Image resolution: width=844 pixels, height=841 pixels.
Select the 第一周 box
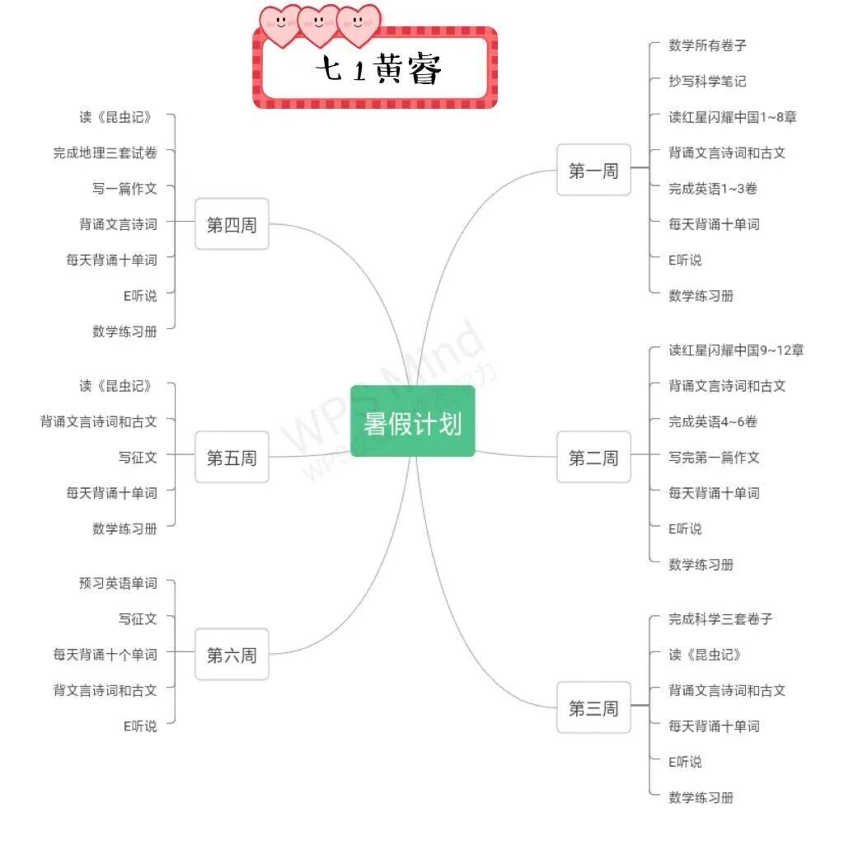pyautogui.click(x=593, y=170)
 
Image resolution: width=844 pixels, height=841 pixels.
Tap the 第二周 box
pyautogui.click(x=593, y=457)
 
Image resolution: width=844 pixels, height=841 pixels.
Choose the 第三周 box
pyautogui.click(x=593, y=707)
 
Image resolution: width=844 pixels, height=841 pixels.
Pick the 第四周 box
pyautogui.click(x=232, y=224)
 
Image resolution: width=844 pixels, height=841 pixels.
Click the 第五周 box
pyautogui.click(x=232, y=457)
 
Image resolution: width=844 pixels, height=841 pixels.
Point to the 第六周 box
pyautogui.click(x=232, y=655)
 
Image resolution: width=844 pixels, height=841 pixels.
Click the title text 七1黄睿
pyautogui.click(x=378, y=70)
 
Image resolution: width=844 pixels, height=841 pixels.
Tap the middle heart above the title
pyautogui.click(x=320, y=25)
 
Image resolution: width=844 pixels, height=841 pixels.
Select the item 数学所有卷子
pyautogui.click(x=707, y=45)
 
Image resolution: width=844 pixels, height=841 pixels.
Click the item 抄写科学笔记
pyautogui.click(x=707, y=81)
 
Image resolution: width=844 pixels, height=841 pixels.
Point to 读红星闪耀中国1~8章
pyautogui.click(x=732, y=117)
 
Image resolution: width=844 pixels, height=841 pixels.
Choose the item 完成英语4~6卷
pyautogui.click(x=713, y=421)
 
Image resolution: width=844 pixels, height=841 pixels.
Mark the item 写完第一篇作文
pyautogui.click(x=714, y=457)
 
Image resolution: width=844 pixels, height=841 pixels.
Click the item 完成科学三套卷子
pyautogui.click(x=720, y=618)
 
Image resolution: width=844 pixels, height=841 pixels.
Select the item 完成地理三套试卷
pyautogui.click(x=105, y=153)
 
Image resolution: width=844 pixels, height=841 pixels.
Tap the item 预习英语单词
pyautogui.click(x=118, y=583)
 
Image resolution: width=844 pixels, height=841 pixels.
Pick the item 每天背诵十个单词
pyautogui.click(x=105, y=654)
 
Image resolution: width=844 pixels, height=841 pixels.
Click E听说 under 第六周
pyautogui.click(x=140, y=726)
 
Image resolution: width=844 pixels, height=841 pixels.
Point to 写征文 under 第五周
pyautogui.click(x=137, y=457)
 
